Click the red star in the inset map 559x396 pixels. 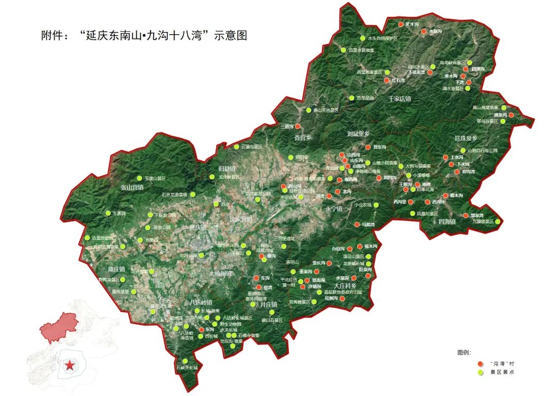pyautogui.click(x=69, y=365)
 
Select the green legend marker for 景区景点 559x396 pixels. pyautogui.click(x=480, y=372)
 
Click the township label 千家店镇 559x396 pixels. pyautogui.click(x=400, y=98)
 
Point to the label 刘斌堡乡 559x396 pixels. pyautogui.click(x=358, y=134)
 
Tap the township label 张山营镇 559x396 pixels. pyautogui.click(x=131, y=187)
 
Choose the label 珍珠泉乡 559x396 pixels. pyautogui.click(x=465, y=138)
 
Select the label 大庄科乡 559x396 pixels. pyautogui.click(x=345, y=286)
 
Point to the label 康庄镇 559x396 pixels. pyautogui.click(x=116, y=270)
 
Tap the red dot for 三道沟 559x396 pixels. pyautogui.click(x=298, y=126)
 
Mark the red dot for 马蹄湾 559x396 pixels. pyautogui.click(x=357, y=224)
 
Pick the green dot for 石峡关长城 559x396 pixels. pyautogui.click(x=185, y=361)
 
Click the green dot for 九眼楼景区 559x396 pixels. pyautogui.click(x=498, y=222)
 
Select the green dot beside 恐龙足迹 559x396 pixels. pyautogui.click(x=351, y=98)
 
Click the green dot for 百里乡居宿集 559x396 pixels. pyautogui.click(x=343, y=50)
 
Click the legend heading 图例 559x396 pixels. pyautogui.click(x=464, y=352)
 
